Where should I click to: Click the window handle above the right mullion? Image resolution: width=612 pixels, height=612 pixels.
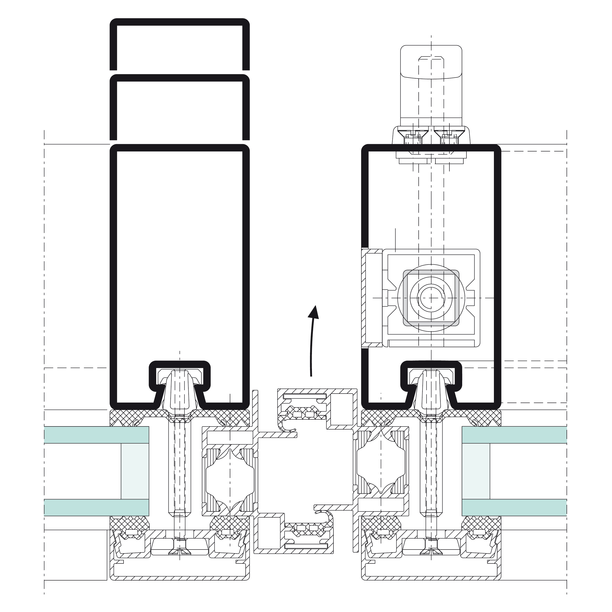(x=431, y=82)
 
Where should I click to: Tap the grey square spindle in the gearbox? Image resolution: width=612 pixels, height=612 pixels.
(x=431, y=298)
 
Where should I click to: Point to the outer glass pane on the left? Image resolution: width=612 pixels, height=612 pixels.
(x=96, y=435)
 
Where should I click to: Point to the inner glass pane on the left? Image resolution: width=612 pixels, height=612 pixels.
(x=96, y=507)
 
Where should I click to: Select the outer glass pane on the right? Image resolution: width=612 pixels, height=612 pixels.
(x=514, y=435)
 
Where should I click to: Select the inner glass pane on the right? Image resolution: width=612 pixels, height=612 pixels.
(x=514, y=507)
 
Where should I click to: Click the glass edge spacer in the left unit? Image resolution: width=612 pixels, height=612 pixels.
(x=135, y=471)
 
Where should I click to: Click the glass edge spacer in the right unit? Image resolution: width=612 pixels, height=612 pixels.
(x=476, y=471)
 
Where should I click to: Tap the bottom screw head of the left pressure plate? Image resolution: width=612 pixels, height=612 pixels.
(x=180, y=551)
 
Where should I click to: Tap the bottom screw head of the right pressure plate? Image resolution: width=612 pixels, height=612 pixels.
(x=431, y=551)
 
